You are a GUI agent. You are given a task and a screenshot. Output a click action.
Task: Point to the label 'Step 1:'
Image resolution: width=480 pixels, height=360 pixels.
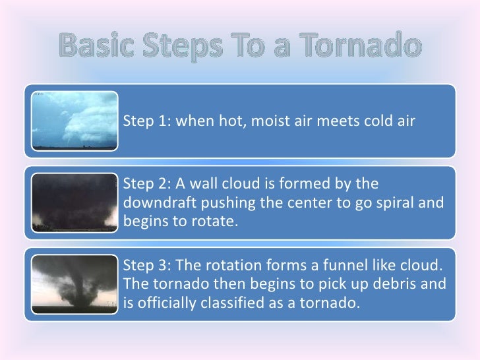click(144, 121)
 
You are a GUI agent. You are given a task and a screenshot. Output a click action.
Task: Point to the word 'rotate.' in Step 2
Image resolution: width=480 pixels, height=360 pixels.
click(213, 220)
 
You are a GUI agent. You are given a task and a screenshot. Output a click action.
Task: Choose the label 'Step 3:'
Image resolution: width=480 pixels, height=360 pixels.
click(144, 267)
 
